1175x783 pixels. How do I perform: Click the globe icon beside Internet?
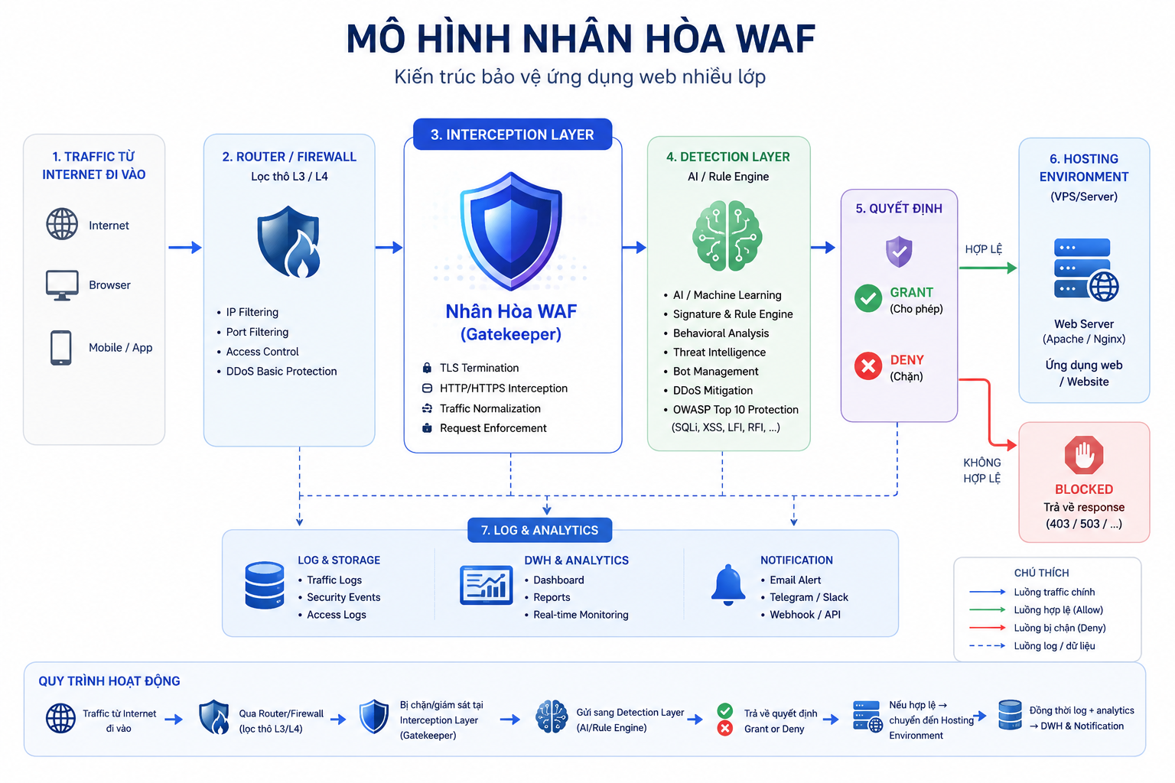62,224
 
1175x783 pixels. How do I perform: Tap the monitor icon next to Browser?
62,285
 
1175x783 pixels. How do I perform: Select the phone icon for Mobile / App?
61,347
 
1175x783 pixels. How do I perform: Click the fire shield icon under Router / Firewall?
289,241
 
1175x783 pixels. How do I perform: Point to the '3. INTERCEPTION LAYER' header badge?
513,135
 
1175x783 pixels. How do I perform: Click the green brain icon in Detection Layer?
727,236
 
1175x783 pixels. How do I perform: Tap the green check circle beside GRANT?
868,298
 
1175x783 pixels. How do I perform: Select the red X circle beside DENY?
868,366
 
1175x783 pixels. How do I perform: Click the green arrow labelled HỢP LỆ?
988,268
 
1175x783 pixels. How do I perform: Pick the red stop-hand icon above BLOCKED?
1084,455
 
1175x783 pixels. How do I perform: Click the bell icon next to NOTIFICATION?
728,585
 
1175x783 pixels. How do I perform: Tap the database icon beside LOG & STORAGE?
265,585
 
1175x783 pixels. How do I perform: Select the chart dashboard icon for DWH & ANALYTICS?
487,585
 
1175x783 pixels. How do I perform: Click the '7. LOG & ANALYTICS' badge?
540,530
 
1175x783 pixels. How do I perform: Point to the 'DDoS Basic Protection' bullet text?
282,372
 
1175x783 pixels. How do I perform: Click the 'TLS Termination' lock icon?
427,368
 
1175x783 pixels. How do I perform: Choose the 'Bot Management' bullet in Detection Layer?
715,372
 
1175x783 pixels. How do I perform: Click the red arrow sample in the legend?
988,628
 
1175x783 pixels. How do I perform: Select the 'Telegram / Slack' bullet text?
809,597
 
